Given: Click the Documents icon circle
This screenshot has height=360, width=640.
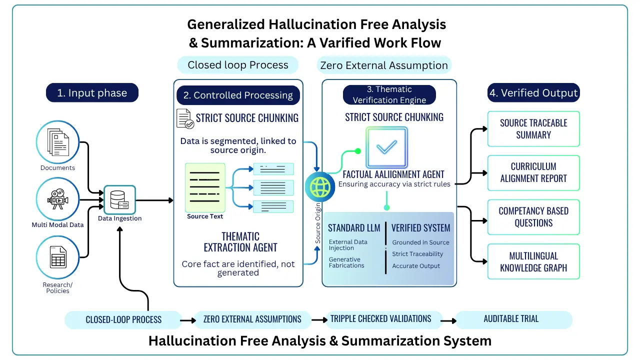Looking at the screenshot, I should pos(57,142).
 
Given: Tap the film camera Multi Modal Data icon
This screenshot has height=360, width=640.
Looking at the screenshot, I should pos(57,199).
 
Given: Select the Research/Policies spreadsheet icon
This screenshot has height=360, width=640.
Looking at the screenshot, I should pos(57,257).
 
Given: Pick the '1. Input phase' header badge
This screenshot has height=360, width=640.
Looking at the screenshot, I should pos(92,93).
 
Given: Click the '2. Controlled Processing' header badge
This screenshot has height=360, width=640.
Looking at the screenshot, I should pos(238,95).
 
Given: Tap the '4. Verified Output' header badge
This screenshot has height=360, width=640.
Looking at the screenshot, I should pos(533,93).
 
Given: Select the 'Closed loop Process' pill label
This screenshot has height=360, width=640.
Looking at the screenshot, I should pos(238,65).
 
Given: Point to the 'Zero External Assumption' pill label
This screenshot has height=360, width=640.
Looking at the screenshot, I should pos(384,65).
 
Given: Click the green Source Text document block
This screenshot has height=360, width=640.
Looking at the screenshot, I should pos(205,187).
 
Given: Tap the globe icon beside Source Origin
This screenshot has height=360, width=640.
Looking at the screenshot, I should pos(320,187).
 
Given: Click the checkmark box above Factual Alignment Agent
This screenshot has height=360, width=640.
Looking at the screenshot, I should pos(386,147).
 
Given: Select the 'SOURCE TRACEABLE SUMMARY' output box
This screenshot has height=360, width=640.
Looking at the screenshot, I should pos(533,129).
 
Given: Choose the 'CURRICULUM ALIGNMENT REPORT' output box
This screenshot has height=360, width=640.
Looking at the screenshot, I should pos(533,172).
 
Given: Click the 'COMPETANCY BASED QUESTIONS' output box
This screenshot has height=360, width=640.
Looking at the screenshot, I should pos(533,217).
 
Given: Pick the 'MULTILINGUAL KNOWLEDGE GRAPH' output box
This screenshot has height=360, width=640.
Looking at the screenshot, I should pos(533,261).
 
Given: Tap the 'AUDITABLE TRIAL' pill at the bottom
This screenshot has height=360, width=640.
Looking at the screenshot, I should pos(511,319).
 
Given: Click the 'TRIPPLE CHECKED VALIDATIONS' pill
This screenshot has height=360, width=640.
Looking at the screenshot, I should pos(380,319).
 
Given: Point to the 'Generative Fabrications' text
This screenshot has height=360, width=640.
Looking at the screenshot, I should pos(344,262).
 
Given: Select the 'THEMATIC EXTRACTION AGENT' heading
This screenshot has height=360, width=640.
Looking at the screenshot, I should pos(240,241).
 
